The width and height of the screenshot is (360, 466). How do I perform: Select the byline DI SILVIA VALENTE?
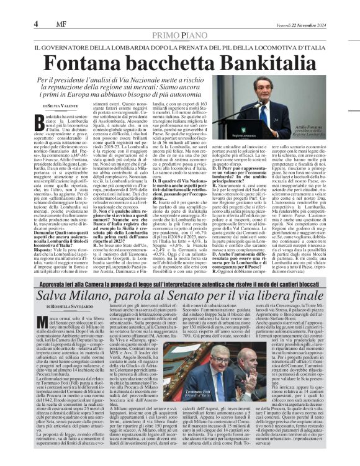click(60, 107)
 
